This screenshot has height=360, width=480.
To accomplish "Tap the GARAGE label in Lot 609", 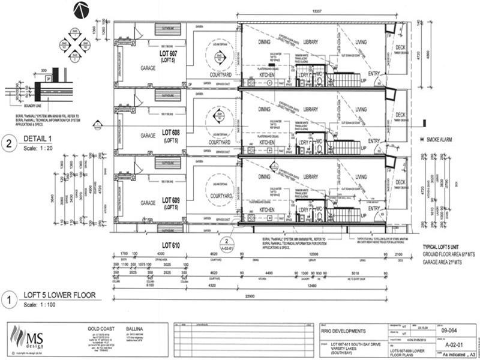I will pyautogui.click(x=148, y=203).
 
